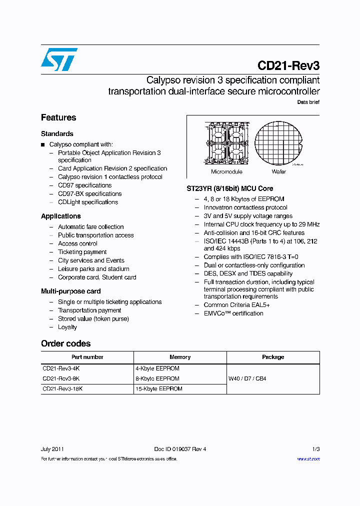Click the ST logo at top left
tap(59, 59)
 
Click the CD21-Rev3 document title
tap(288, 65)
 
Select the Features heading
tap(58, 117)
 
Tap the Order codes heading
tap(65, 343)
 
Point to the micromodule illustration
tap(226, 143)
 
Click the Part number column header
tap(87, 357)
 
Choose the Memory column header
tap(180, 357)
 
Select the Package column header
tap(273, 357)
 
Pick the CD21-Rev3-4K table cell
tap(61, 368)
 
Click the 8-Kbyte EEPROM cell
tap(157, 378)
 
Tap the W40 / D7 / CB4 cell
tap(247, 378)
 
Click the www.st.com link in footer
tap(308, 458)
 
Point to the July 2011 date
tap(52, 449)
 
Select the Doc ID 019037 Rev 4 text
tap(180, 449)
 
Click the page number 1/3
tap(315, 449)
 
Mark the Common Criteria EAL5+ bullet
tap(236, 305)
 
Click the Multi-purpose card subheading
tap(70, 291)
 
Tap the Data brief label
tap(308, 102)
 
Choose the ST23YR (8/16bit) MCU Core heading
tap(229, 188)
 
